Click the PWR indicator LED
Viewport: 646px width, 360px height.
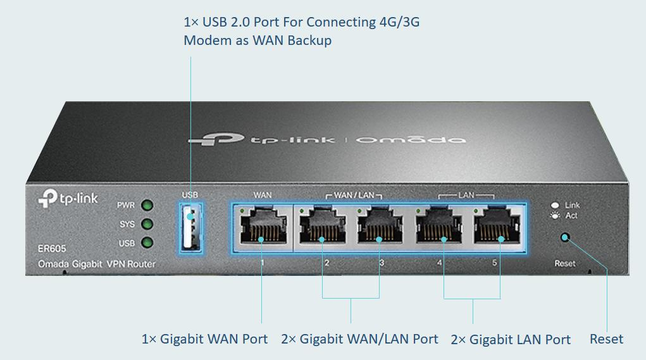tap(147, 206)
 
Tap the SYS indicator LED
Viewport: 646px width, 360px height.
tap(147, 224)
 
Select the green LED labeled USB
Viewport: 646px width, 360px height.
tap(147, 242)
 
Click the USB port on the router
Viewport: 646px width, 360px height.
tap(190, 227)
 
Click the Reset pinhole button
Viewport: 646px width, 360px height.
tap(565, 238)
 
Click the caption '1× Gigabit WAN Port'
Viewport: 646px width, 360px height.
tap(204, 339)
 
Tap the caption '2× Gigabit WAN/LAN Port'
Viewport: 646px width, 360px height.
tap(359, 339)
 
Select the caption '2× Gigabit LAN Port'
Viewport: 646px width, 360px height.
tap(511, 340)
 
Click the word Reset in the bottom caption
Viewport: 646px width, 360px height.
tap(606, 339)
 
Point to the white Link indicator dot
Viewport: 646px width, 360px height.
tap(555, 205)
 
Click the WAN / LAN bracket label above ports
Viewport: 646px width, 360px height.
tap(354, 195)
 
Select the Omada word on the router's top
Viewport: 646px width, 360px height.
tap(411, 139)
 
